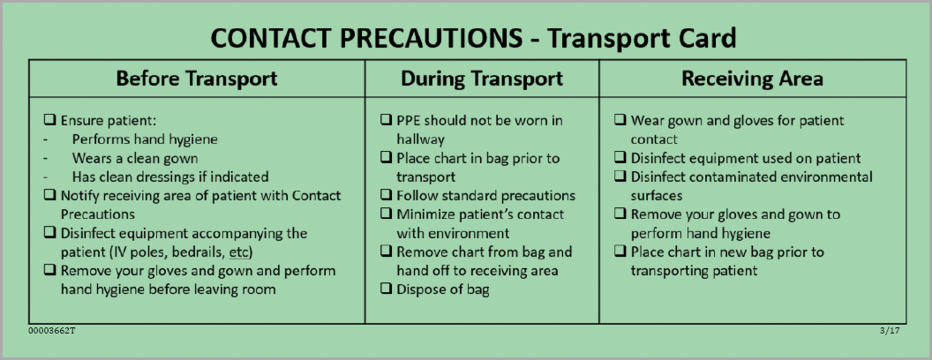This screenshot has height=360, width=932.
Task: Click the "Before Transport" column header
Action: point(197,79)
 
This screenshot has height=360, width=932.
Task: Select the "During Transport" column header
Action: point(482,79)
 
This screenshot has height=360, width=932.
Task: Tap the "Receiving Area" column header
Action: point(753,79)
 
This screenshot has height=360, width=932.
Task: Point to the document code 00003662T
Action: point(52,330)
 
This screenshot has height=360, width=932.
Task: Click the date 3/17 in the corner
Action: point(891,330)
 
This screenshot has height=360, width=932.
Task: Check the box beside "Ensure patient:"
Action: point(50,121)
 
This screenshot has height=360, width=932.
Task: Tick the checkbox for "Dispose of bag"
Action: point(386,290)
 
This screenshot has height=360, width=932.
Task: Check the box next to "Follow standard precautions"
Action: point(386,196)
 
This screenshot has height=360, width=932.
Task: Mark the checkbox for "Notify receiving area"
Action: point(50,196)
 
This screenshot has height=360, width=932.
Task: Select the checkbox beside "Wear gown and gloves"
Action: point(620,121)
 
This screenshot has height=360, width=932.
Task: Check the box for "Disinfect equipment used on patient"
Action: point(620,158)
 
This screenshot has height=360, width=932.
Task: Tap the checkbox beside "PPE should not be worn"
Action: point(386,121)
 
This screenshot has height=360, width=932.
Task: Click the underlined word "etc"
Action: point(239,252)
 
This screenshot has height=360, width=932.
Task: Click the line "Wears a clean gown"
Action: point(135,159)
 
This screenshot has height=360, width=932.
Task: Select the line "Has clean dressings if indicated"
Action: point(170,177)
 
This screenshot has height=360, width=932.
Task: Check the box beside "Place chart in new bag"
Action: point(620,251)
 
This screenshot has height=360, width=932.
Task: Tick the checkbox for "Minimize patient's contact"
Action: point(386,214)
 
